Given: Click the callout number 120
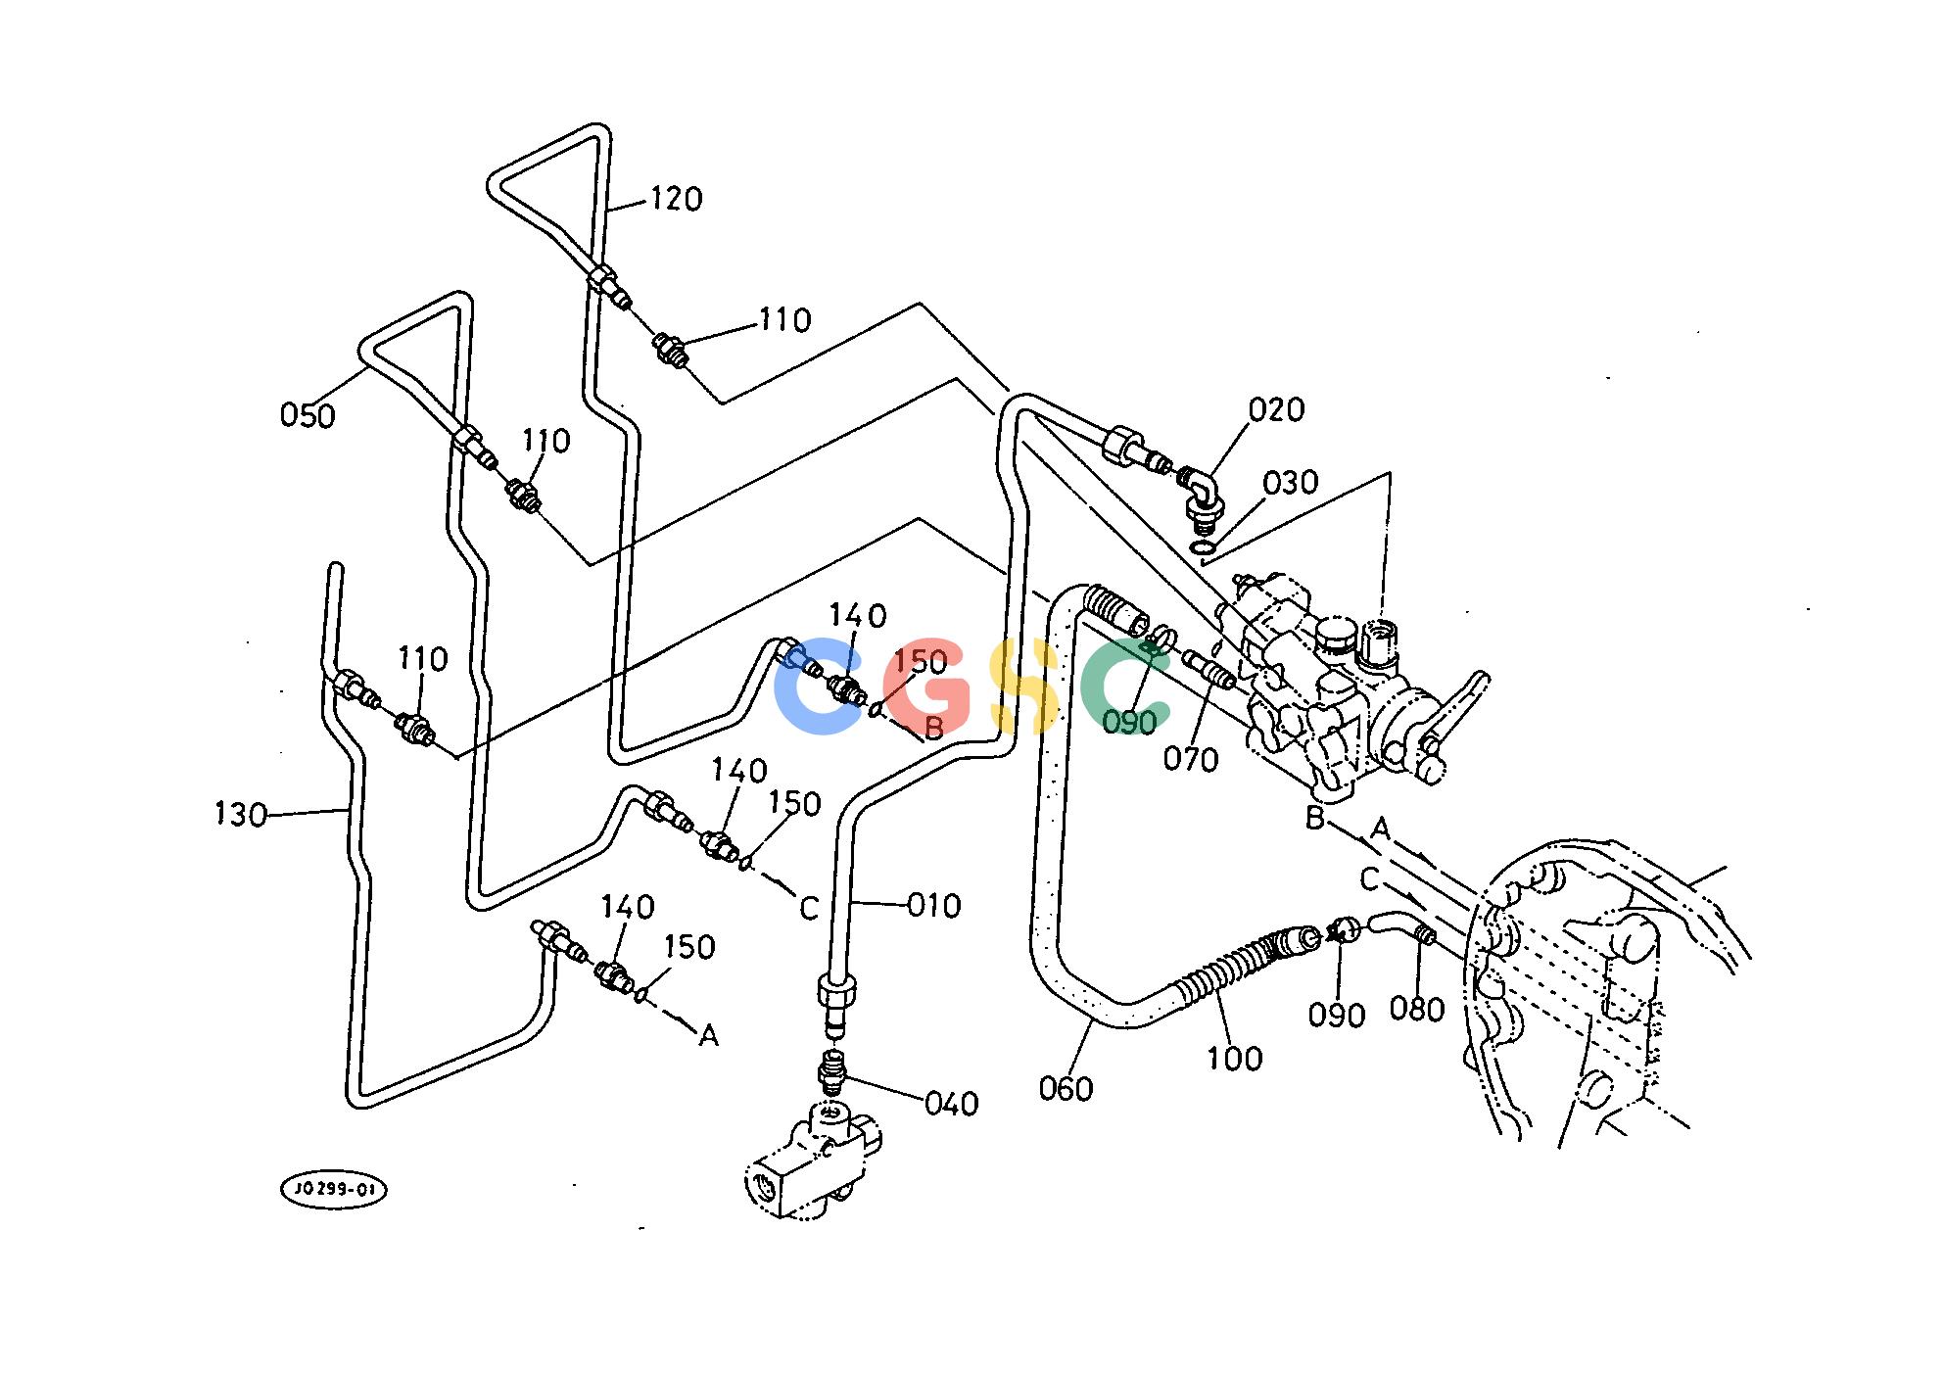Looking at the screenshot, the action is (676, 199).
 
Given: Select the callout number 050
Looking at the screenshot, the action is (308, 415).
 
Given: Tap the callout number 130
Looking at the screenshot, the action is (240, 814).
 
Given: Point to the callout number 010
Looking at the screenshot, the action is (933, 906).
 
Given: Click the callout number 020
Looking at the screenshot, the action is (1276, 409).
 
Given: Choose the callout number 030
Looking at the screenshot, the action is (1290, 483).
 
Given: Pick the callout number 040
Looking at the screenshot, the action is (951, 1104).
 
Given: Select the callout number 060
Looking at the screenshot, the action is (1066, 1088).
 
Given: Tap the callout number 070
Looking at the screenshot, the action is (1191, 759).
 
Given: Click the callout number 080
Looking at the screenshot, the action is (1417, 1009).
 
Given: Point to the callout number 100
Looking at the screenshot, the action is (1234, 1058).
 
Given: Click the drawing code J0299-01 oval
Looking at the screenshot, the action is (334, 1191).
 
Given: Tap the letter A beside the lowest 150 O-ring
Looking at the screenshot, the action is (708, 1035).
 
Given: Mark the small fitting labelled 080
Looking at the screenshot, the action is (1427, 937).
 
